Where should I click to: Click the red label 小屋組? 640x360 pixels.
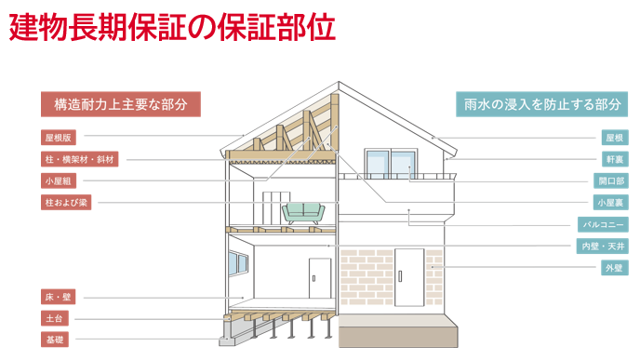(58, 180)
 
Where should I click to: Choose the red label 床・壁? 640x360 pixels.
(58, 297)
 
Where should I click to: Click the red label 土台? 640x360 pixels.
(54, 318)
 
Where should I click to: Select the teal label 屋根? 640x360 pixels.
(614, 138)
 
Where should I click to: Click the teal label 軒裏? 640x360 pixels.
(614, 159)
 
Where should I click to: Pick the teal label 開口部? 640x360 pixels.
(611, 180)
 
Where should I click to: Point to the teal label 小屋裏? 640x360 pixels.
(611, 202)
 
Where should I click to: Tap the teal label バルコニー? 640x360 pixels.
(605, 224)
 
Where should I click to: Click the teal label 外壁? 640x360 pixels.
(614, 268)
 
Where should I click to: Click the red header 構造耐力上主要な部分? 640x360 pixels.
(121, 103)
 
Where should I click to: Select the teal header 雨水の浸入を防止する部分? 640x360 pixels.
(540, 103)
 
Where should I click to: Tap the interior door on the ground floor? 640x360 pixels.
(319, 277)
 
